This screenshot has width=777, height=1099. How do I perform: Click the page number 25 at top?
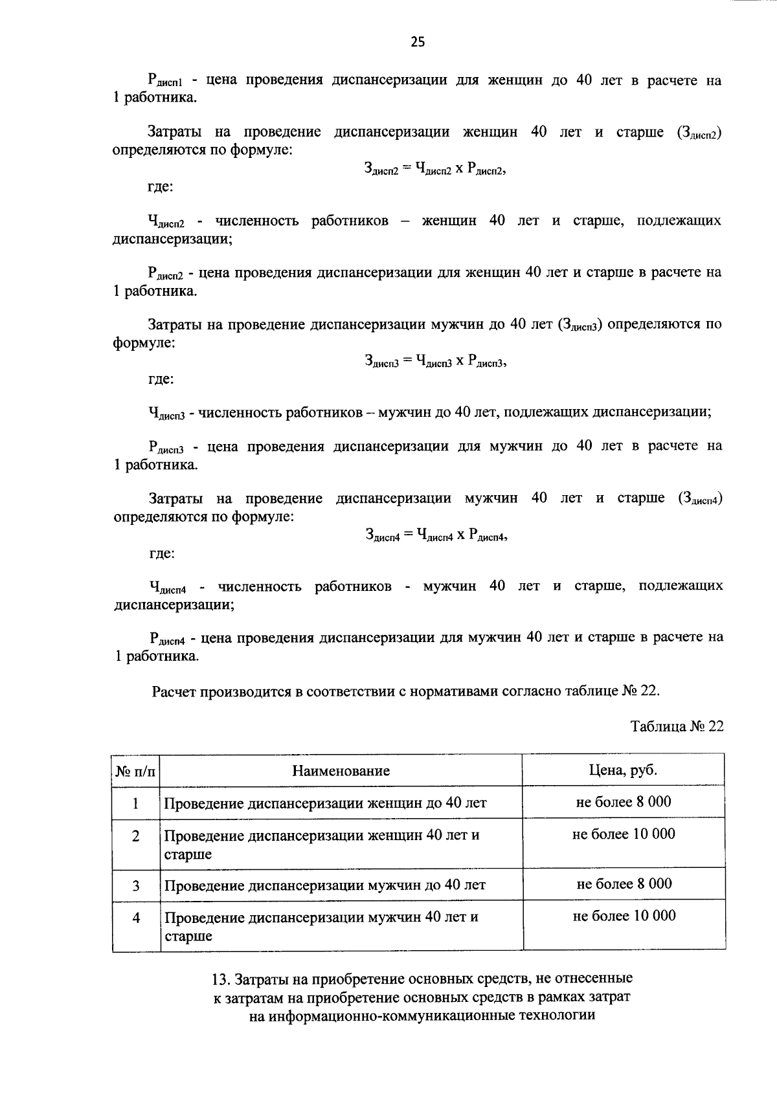point(418,43)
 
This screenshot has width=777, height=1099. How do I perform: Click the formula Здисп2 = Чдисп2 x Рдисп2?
point(434,170)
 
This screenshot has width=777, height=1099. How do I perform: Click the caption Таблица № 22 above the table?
point(677,726)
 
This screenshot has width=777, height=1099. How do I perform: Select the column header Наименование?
point(341,771)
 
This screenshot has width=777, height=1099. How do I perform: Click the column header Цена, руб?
point(623,770)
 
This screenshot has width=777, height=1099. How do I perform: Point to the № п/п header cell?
point(135,772)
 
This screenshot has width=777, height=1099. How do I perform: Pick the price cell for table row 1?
point(623,802)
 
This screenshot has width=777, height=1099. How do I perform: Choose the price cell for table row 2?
point(623,834)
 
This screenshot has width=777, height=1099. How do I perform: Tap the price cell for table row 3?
point(624,884)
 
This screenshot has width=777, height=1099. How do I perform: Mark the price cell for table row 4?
point(624,916)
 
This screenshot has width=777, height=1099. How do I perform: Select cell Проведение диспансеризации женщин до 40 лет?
point(325,804)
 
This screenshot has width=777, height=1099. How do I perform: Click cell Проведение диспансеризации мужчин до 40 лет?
point(325,885)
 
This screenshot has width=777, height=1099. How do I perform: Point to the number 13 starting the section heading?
point(220,979)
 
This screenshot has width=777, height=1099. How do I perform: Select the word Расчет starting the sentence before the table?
point(175,691)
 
